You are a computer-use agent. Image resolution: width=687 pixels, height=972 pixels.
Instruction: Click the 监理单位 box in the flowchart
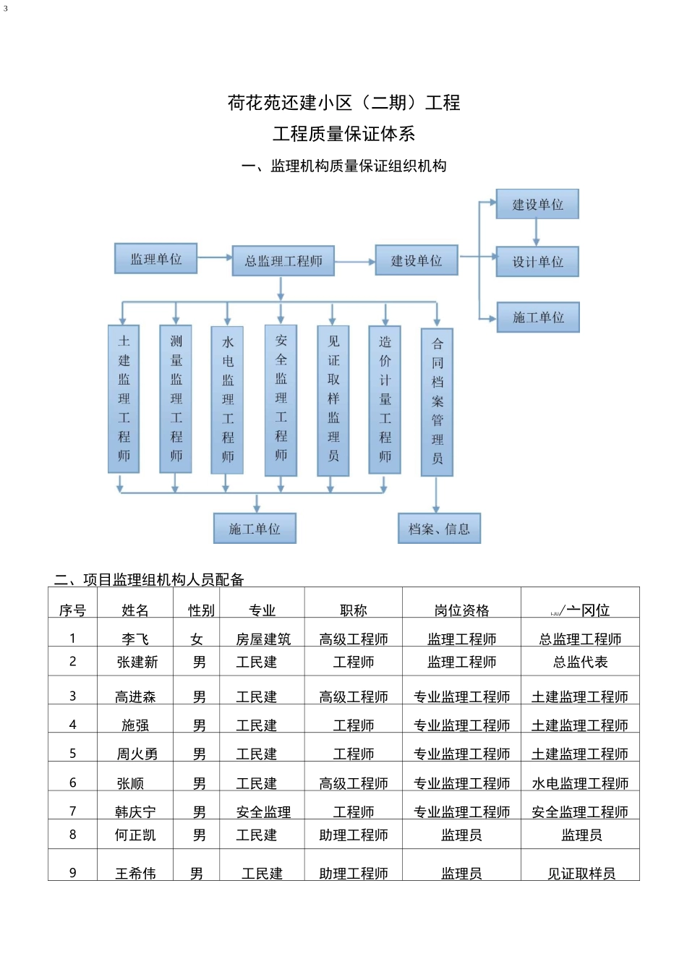click(155, 259)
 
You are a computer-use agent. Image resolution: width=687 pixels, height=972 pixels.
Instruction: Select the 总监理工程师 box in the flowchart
click(283, 261)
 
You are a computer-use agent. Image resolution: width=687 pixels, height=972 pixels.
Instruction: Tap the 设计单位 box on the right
click(537, 262)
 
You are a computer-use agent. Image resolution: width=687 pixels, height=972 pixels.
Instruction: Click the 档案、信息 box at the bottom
click(439, 529)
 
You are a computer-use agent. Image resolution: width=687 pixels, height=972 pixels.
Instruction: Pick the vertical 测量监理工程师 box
click(176, 398)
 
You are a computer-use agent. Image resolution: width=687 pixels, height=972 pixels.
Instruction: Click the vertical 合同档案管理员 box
click(437, 401)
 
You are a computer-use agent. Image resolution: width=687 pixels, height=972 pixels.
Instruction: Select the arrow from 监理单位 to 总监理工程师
click(215, 257)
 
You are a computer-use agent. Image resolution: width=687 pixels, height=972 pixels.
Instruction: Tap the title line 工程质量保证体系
click(343, 134)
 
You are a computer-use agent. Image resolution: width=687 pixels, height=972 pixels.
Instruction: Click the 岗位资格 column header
click(461, 610)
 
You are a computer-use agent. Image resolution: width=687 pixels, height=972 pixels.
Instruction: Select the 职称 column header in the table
click(353, 610)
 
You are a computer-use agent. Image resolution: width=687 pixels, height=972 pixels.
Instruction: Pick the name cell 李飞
click(135, 639)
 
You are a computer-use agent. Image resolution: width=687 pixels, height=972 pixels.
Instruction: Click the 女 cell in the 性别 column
click(197, 639)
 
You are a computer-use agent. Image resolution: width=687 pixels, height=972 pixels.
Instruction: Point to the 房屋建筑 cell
click(263, 639)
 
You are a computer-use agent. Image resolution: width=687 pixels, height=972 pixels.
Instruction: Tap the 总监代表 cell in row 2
click(580, 662)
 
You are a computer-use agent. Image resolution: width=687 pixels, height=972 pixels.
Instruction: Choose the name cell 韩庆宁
click(135, 812)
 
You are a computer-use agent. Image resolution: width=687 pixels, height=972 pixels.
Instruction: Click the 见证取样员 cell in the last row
click(581, 874)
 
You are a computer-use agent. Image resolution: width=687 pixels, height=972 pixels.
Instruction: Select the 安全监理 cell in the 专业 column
click(263, 812)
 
